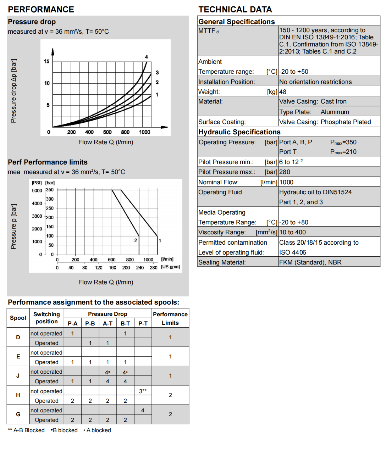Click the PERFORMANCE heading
point(41,10)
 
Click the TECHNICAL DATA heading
point(235,10)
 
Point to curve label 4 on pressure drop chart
point(146,57)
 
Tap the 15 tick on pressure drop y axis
point(46,61)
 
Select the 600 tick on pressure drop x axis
point(107,132)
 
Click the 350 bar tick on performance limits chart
point(50,190)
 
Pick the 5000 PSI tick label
point(37,191)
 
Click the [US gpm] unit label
point(170,267)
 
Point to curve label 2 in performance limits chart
point(136,240)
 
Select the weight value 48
point(283,92)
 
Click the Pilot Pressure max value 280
point(285,172)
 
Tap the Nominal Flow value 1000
point(286,182)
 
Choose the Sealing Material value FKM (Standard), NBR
point(310,262)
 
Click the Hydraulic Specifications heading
point(239,132)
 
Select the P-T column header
point(143,323)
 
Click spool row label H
point(18,395)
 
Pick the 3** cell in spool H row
point(143,391)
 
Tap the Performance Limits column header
point(170,318)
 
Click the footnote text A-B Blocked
point(29,430)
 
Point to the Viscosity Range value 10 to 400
point(292,232)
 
